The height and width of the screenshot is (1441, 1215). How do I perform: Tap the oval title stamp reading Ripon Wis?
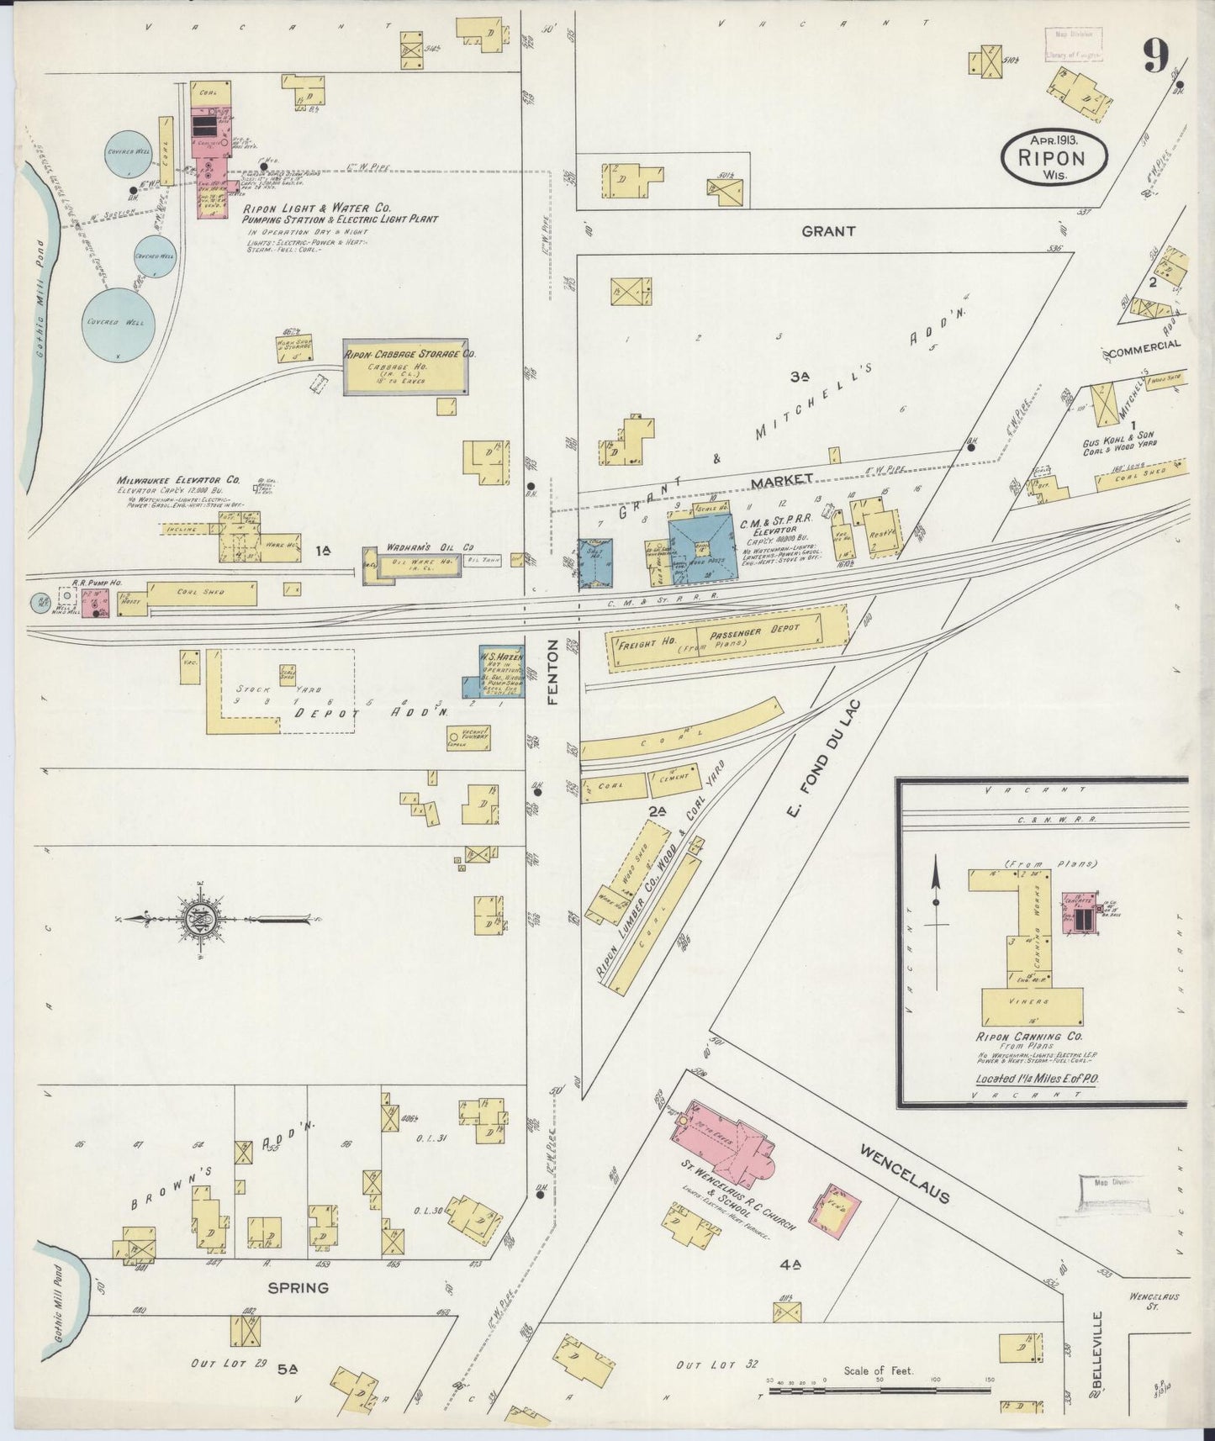pyautogui.click(x=1054, y=155)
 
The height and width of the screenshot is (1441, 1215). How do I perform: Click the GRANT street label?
pyautogui.click(x=828, y=230)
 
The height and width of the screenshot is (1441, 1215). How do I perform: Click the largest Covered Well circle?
pyautogui.click(x=125, y=323)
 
